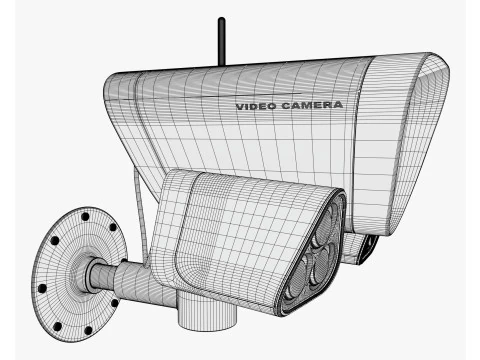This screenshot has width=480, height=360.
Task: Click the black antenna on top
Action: [x=221, y=42]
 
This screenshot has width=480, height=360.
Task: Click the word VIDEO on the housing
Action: [x=256, y=107]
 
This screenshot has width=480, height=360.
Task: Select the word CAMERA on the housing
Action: [x=312, y=105]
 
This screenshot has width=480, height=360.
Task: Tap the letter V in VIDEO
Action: [x=240, y=107]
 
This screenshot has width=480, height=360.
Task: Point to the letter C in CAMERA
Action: [x=286, y=106]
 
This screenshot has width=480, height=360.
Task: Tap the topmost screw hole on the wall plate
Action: [x=85, y=217]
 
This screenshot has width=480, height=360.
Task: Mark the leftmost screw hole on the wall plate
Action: [x=42, y=288]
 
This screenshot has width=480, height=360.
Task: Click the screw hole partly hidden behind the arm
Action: [x=123, y=261]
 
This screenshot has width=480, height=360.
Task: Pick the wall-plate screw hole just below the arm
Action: [x=115, y=303]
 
